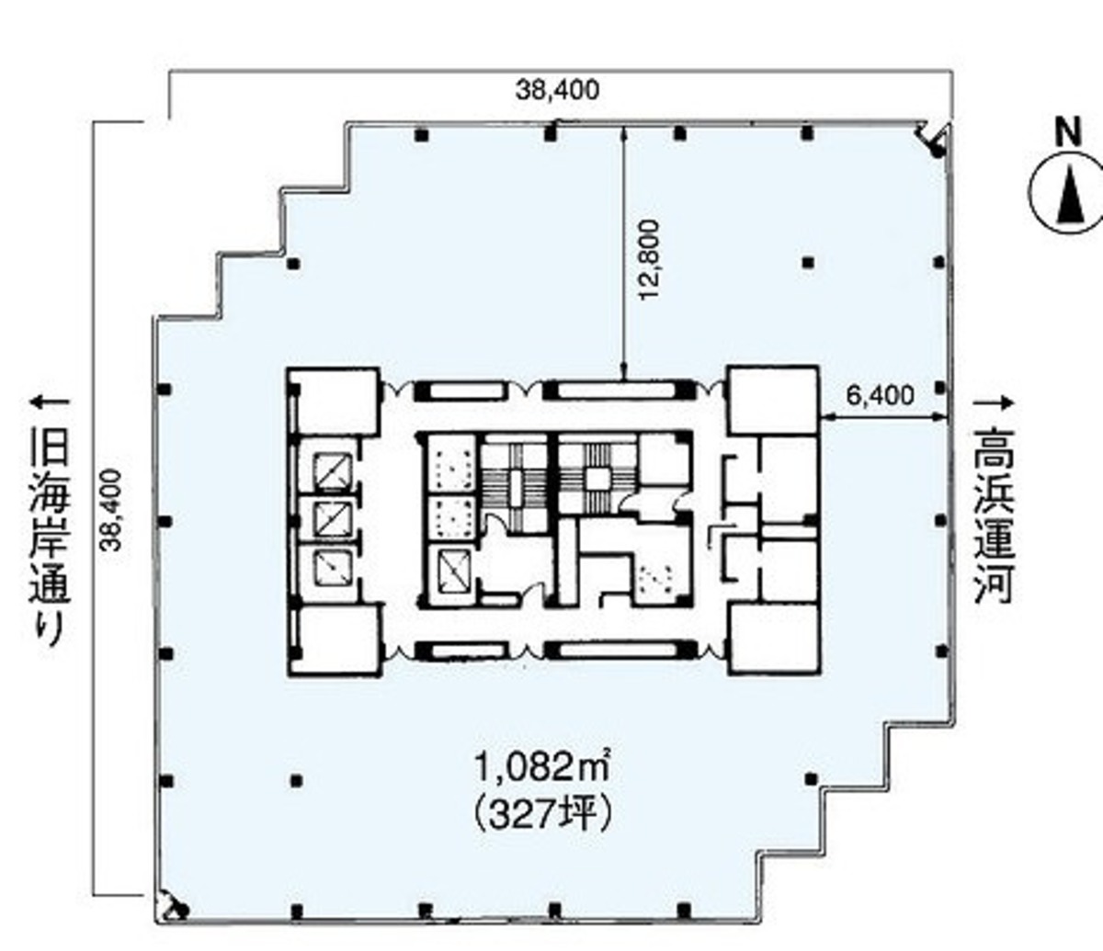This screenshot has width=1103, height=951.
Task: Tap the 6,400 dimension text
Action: [880, 395]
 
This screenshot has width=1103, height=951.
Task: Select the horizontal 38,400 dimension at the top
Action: [557, 90]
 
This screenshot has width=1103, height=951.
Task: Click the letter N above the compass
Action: [1069, 131]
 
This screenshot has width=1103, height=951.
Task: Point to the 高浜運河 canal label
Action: [994, 515]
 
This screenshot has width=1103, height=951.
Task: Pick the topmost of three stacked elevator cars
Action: [332, 470]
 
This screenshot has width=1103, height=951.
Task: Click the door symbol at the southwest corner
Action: [172, 907]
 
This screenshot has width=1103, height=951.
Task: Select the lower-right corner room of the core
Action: [775, 639]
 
